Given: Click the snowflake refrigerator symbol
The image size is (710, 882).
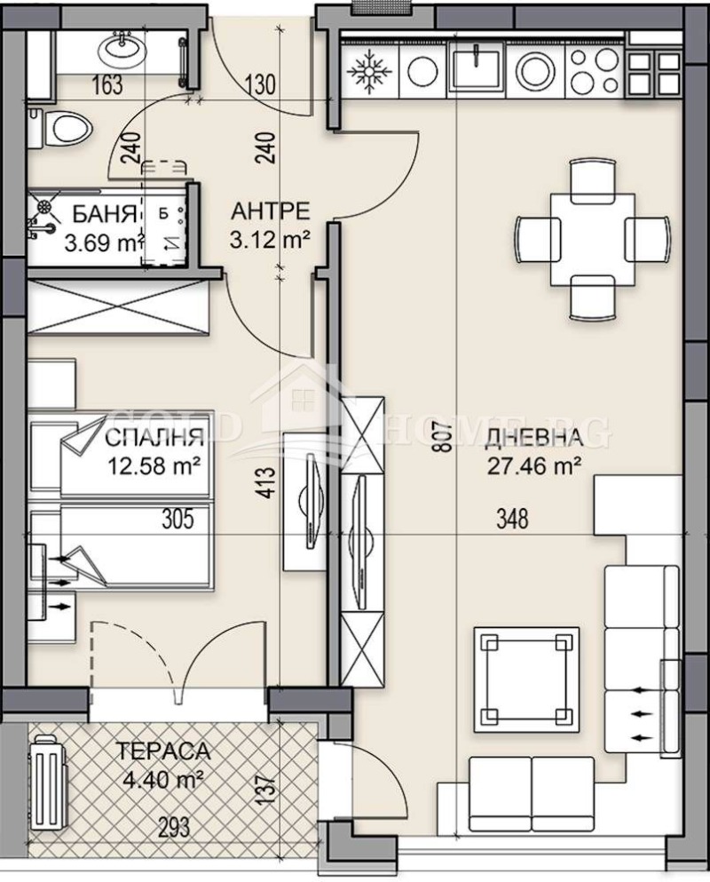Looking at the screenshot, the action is tap(369, 70).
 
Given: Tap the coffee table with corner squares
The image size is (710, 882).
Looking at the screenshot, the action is tap(526, 679).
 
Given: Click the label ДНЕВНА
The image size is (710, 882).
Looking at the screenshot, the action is tap(532, 438).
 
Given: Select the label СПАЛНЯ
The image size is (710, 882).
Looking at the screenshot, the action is tap(154, 436).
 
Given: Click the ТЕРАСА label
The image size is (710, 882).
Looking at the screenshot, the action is tap(163, 751).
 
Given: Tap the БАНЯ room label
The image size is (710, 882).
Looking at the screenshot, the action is tap(105, 214).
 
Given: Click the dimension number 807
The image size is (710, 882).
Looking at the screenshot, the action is tap(444, 438).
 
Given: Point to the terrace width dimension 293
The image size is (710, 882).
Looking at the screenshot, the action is tap(173, 828).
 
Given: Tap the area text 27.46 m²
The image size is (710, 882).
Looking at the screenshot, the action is tap(532, 466).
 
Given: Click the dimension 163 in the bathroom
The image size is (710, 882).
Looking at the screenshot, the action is tap(106, 85).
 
